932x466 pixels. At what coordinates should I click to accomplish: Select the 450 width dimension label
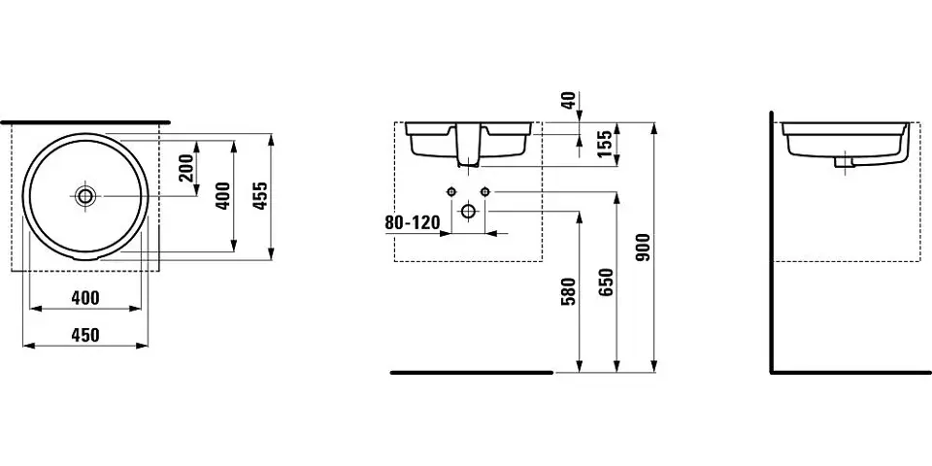(x=85, y=335)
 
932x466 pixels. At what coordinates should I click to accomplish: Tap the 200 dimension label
(x=186, y=168)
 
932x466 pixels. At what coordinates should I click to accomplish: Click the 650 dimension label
(x=607, y=282)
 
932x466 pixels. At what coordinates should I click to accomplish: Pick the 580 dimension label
(x=569, y=291)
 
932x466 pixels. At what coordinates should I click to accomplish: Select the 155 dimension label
(x=604, y=144)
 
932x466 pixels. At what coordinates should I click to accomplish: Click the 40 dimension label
(x=569, y=100)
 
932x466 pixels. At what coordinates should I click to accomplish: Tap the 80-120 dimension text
(x=413, y=223)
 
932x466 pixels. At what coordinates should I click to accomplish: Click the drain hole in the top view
(x=85, y=195)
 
